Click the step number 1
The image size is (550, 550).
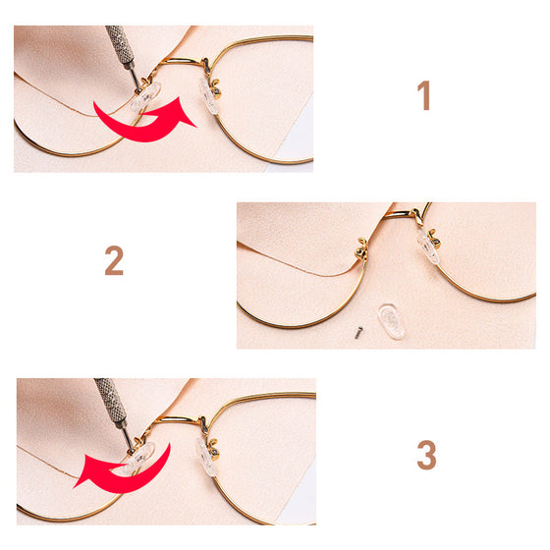point(423,95)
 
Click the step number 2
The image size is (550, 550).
point(114,260)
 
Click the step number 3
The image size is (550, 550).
point(426,455)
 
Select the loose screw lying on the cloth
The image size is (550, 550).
point(358,332)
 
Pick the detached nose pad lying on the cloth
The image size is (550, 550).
point(391,321)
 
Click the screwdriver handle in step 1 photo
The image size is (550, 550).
point(119,45)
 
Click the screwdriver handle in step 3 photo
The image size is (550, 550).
point(110,401)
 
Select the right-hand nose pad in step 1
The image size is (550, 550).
point(209,96)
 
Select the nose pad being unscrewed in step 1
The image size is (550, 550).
point(145,96)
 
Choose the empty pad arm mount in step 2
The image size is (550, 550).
point(361,247)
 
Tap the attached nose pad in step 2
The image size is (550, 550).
point(428,247)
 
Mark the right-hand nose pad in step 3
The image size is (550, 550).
point(205,457)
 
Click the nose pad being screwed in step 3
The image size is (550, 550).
point(139,457)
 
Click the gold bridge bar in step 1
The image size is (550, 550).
point(182,61)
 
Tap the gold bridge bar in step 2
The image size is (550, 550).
point(400,213)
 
